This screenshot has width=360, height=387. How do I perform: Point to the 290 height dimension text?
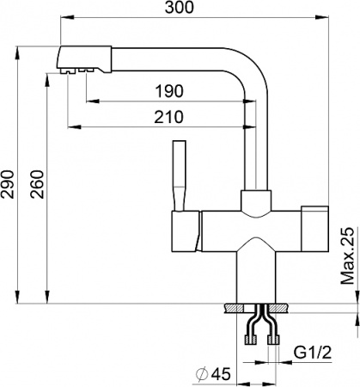[9, 181]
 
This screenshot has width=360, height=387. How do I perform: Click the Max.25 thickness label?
[348, 256]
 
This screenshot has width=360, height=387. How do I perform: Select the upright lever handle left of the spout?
[180, 172]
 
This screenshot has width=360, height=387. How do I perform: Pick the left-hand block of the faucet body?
[183, 230]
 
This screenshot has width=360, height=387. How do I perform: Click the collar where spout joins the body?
[255, 203]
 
